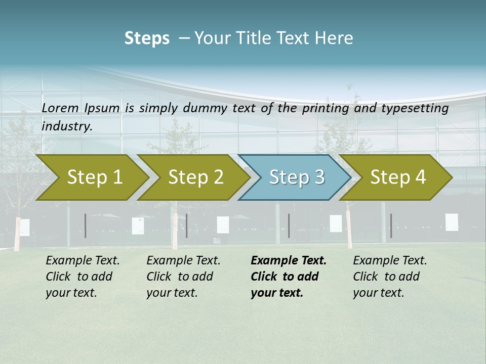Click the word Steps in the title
(x=147, y=38)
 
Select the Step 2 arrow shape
(x=195, y=177)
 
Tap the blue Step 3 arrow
(x=296, y=177)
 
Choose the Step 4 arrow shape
(x=397, y=177)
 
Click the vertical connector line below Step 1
(x=86, y=225)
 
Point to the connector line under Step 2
(x=187, y=225)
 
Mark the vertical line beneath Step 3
(x=289, y=225)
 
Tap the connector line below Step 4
(x=391, y=225)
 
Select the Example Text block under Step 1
(x=83, y=277)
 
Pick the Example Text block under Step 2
(x=183, y=277)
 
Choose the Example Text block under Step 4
(x=390, y=277)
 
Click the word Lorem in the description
(x=60, y=108)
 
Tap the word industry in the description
(x=67, y=126)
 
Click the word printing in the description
(x=326, y=108)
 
